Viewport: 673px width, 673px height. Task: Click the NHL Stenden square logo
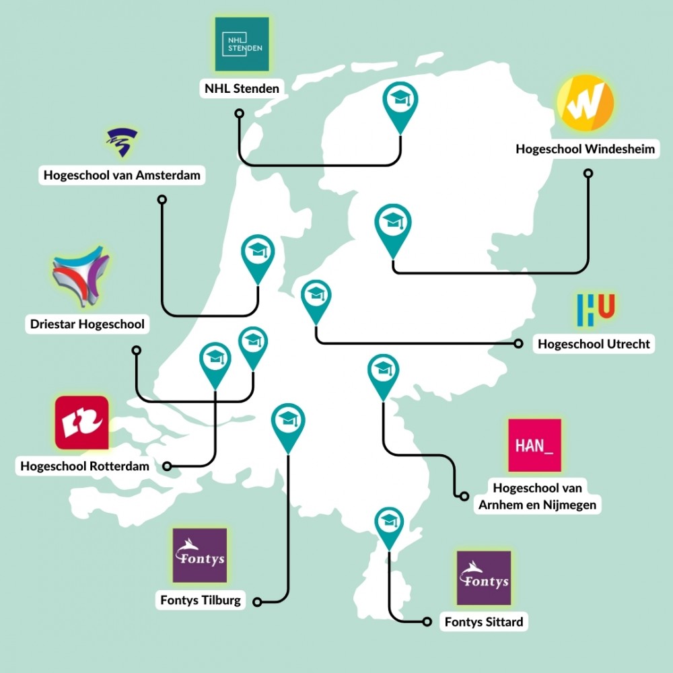tap(242, 44)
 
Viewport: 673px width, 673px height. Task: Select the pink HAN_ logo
tap(535, 445)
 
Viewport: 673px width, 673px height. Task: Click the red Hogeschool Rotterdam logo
tap(81, 423)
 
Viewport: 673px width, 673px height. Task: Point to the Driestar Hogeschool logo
tap(81, 277)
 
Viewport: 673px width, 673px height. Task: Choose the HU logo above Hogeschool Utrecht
tap(596, 309)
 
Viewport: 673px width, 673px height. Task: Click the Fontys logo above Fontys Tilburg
tap(200, 555)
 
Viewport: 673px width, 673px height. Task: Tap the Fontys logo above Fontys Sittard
tap(484, 578)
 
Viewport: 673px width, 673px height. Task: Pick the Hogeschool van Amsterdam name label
tap(122, 175)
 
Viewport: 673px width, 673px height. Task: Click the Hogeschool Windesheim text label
tap(586, 149)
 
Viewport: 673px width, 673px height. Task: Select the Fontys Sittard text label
tap(484, 621)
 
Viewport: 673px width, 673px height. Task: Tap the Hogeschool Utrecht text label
tap(594, 344)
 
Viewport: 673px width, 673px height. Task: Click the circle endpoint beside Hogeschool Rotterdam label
tap(168, 466)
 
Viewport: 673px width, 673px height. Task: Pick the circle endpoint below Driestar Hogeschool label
tap(137, 350)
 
